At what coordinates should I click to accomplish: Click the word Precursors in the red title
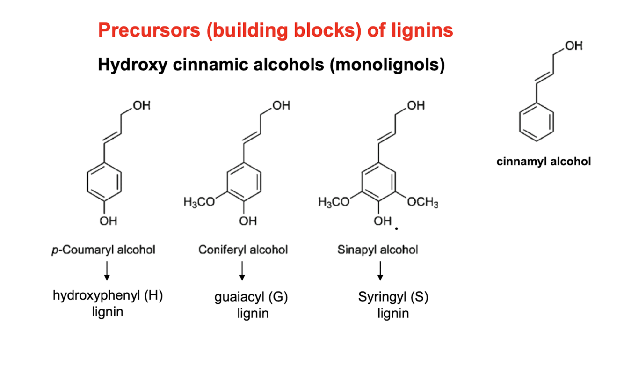[x=149, y=30]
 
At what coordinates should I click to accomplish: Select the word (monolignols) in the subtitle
[x=387, y=65]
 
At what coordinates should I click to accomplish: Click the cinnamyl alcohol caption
[x=544, y=162]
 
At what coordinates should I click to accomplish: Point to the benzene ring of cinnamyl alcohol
[x=520, y=122]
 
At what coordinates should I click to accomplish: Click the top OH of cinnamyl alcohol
[x=574, y=46]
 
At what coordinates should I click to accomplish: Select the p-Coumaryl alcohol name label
[x=103, y=250]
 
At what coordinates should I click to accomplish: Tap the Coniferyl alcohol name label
[x=243, y=250]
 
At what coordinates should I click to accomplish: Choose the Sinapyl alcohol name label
[x=378, y=250]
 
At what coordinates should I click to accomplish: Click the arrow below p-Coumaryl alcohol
[x=107, y=271]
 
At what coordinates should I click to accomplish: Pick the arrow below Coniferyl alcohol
[x=242, y=271]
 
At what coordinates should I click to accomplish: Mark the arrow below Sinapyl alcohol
[x=380, y=271]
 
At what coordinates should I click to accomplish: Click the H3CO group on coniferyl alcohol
[x=199, y=202]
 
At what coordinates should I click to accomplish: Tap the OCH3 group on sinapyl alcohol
[x=422, y=202]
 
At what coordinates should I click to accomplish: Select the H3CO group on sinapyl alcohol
[x=334, y=202]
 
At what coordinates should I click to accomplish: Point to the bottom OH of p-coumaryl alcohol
[x=109, y=221]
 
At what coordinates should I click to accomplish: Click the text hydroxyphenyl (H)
[x=108, y=296]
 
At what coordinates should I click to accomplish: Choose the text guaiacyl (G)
[x=251, y=297]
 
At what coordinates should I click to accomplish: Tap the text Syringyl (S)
[x=393, y=297]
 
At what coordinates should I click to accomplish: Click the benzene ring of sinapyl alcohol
[x=362, y=182]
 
